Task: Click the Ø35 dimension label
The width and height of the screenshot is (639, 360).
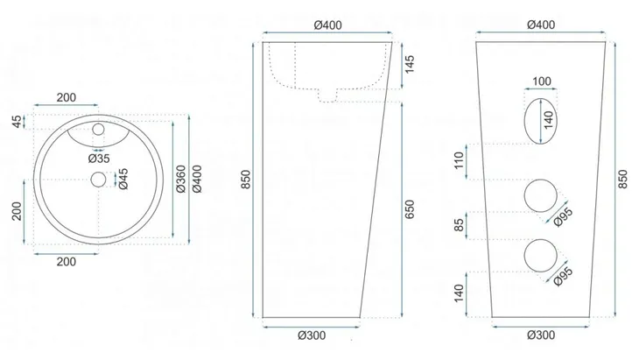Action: (99, 159)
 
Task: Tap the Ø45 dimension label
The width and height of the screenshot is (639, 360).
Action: (123, 179)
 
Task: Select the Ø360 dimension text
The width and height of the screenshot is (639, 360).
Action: (180, 179)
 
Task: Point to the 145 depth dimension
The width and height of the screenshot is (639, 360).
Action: (409, 64)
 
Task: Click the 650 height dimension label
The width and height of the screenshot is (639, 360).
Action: (409, 209)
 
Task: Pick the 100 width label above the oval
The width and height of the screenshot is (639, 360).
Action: (541, 81)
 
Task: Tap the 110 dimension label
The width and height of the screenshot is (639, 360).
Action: (460, 160)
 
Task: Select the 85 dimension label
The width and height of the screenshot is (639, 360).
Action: (460, 225)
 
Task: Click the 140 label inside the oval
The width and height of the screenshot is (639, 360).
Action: (549, 120)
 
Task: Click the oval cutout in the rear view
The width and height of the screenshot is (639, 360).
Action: (524, 121)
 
